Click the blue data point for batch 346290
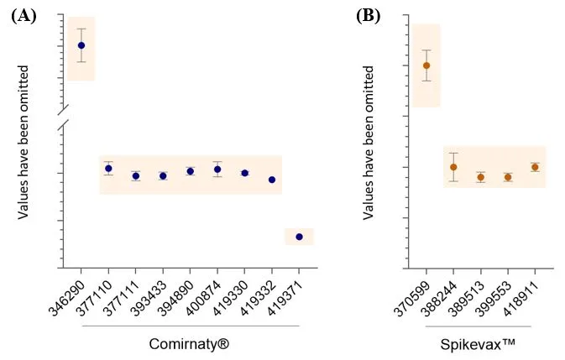(81, 45)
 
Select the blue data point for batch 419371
(300, 237)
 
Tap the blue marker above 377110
(108, 169)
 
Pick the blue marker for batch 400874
(217, 170)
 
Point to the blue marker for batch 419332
(272, 180)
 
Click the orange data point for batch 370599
(426, 65)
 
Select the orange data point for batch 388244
(453, 167)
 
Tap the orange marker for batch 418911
(535, 167)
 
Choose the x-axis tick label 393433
(150, 294)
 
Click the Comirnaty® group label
(191, 343)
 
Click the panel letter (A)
(24, 15)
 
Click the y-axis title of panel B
(369, 143)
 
